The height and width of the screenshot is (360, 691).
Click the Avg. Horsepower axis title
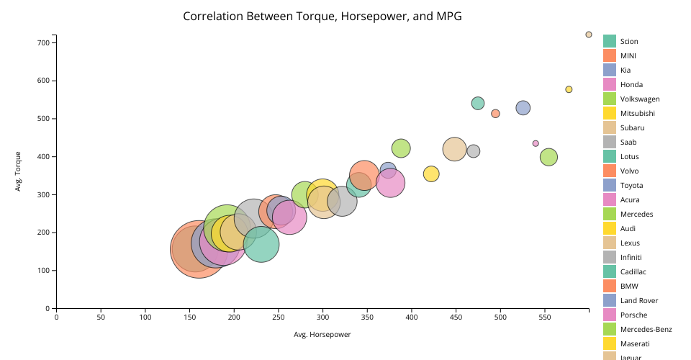pyautogui.click(x=322, y=335)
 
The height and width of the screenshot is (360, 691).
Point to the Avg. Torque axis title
pyautogui.click(x=18, y=171)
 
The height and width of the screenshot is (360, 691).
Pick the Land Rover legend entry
pyautogui.click(x=637, y=301)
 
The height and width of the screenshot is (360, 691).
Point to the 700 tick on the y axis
pyautogui.click(x=43, y=43)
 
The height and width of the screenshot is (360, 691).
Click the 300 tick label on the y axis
pyautogui.click(x=43, y=195)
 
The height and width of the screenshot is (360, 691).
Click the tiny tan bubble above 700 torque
pyautogui.click(x=589, y=35)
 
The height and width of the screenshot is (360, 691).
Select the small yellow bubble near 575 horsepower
pyautogui.click(x=569, y=89)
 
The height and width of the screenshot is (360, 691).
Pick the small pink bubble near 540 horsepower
pyautogui.click(x=536, y=143)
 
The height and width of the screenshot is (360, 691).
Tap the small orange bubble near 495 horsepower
pyautogui.click(x=495, y=114)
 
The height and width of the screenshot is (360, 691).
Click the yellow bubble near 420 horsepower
pyautogui.click(x=431, y=174)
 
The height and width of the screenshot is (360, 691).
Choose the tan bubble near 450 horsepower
pyautogui.click(x=455, y=149)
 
